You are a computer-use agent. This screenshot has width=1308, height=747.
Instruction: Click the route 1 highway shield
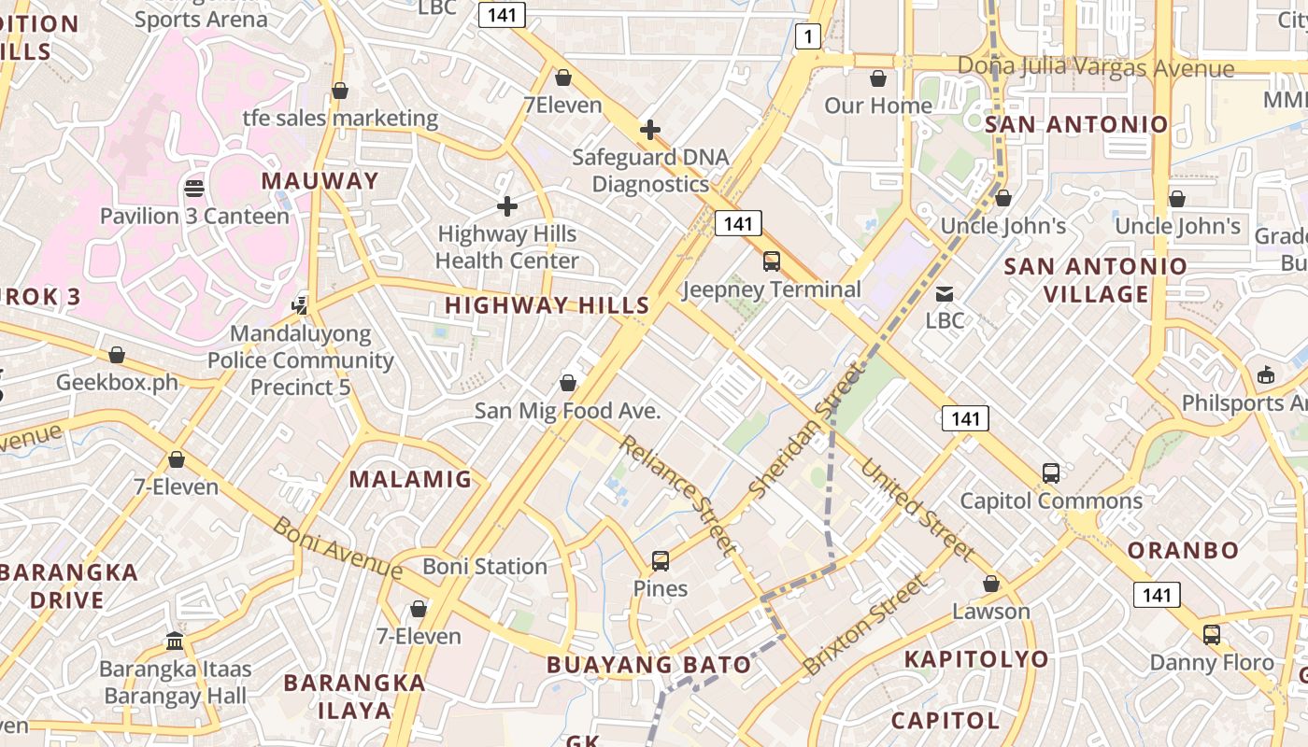click(808, 36)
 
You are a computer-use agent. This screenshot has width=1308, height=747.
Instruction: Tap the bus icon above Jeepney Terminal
click(772, 261)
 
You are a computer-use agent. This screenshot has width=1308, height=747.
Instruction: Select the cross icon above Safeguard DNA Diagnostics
click(650, 130)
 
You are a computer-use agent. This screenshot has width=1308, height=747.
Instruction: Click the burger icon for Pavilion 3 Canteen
click(194, 189)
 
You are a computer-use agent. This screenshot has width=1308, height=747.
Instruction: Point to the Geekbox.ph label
click(117, 382)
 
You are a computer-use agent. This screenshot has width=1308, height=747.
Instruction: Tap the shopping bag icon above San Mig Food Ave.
click(567, 383)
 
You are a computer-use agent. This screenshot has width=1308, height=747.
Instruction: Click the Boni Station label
click(485, 567)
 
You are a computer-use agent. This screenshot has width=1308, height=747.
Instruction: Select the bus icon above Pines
click(661, 561)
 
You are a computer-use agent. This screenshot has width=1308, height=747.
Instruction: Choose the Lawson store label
click(991, 612)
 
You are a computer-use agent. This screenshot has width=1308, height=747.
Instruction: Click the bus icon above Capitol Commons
click(1051, 473)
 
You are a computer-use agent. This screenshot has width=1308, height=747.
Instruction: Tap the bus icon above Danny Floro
click(1212, 635)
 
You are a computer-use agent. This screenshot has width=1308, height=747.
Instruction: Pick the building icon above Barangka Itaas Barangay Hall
click(175, 641)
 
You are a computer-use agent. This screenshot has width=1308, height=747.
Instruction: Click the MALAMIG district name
click(410, 480)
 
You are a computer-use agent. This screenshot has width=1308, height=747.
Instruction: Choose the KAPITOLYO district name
click(976, 659)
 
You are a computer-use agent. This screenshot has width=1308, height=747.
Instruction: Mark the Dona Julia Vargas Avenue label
click(1096, 68)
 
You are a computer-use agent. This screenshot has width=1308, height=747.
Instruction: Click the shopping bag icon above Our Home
click(878, 78)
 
